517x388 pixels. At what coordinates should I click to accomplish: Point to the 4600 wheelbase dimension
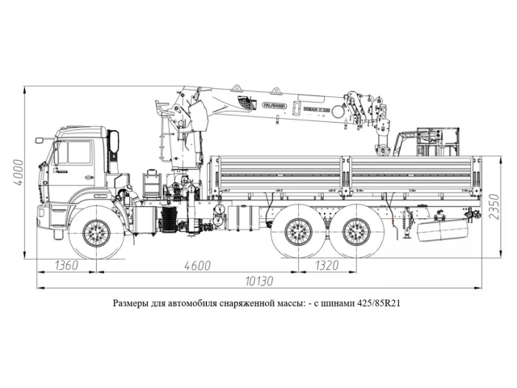[197, 266]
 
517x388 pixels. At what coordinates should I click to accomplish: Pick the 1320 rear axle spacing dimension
[326, 266]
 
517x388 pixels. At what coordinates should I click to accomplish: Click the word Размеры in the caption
[132, 306]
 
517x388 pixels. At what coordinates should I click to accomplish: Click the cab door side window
[74, 153]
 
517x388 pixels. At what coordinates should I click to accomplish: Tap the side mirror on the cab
[114, 144]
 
